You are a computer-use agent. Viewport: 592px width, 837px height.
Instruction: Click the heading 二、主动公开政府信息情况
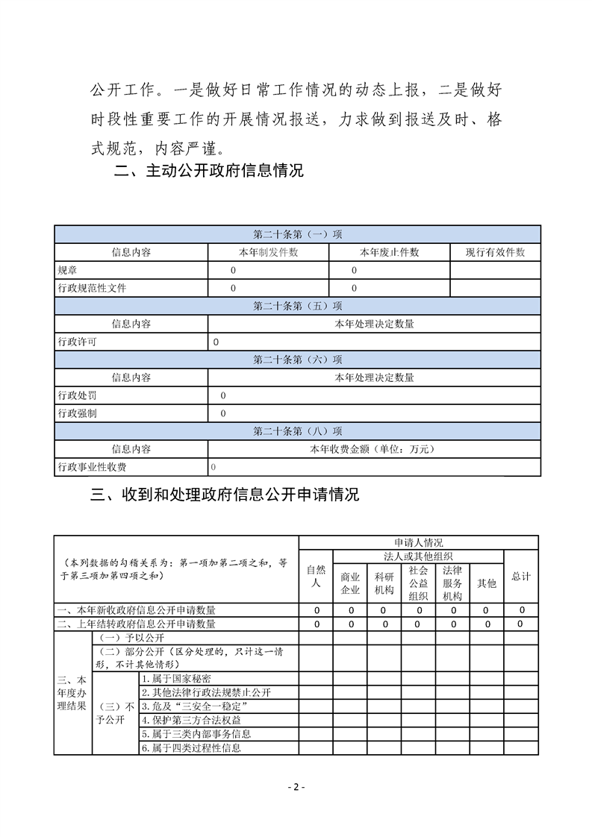point(208,171)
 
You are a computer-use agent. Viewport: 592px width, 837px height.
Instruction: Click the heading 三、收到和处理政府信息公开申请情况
point(225,495)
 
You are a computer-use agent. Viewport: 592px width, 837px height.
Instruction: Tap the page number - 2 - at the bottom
point(296,788)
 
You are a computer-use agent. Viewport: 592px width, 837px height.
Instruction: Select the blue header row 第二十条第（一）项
point(297,234)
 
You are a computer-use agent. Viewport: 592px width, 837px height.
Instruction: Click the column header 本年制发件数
point(268,252)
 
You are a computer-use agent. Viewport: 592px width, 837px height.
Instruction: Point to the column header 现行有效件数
point(495,252)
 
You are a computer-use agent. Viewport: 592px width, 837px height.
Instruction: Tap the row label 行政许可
point(77,342)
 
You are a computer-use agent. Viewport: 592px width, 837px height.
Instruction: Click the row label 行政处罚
point(77,395)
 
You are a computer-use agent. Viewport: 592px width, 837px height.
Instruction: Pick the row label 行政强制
point(77,413)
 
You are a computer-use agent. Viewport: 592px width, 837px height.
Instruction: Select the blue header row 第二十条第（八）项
point(297,431)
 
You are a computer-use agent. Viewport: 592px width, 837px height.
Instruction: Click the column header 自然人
point(316,576)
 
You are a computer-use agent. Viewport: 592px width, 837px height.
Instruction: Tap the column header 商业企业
point(350,583)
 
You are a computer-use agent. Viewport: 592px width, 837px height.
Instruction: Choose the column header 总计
point(521,576)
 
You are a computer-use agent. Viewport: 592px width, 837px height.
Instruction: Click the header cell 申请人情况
point(418,542)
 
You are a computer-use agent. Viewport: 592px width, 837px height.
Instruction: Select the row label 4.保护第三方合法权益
point(190,720)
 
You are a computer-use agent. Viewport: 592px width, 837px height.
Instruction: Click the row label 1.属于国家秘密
point(175,679)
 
